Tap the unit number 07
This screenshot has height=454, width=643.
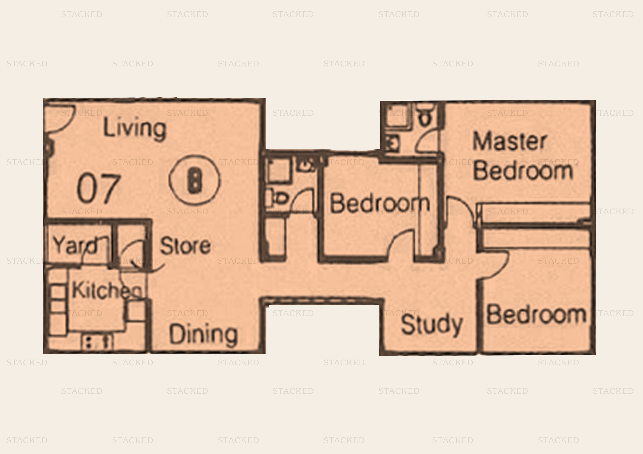pos(99,188)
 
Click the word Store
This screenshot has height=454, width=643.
pos(185,246)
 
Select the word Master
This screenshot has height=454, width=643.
pos(509,141)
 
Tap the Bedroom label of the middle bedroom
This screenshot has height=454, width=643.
pos(380,203)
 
